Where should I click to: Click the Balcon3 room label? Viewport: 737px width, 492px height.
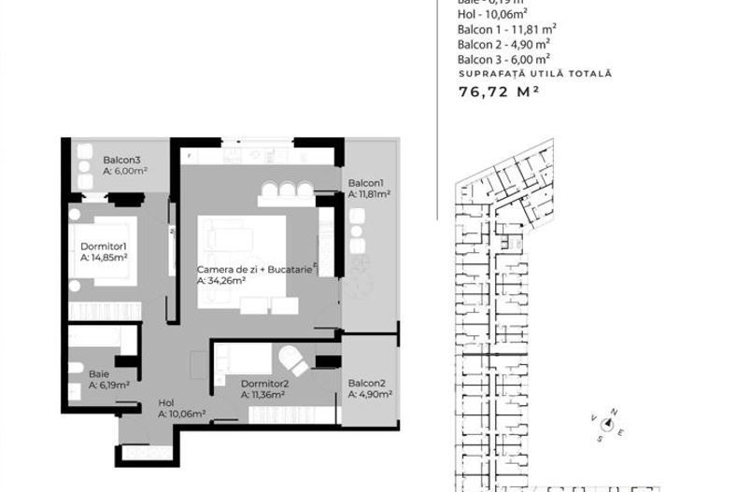click(121, 160)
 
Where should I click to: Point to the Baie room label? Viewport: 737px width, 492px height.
click(99, 373)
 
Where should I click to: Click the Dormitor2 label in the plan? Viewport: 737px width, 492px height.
click(264, 384)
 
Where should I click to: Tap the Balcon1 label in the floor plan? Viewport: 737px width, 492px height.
click(366, 183)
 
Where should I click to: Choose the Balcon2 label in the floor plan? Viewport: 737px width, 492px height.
click(366, 384)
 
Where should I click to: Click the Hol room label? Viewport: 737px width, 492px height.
click(166, 402)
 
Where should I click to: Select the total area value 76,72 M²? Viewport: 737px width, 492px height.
click(499, 91)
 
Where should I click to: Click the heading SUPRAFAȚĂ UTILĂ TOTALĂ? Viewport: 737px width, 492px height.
click(534, 73)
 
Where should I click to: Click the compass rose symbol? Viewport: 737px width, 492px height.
click(607, 424)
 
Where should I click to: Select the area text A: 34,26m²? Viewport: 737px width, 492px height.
click(220, 280)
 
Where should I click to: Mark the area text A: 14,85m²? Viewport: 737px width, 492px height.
click(104, 257)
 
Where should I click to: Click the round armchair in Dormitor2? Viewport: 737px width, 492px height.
click(293, 358)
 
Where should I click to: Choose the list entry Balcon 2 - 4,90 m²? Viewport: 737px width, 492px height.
click(503, 43)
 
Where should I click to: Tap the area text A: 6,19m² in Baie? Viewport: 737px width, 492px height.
click(109, 384)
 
